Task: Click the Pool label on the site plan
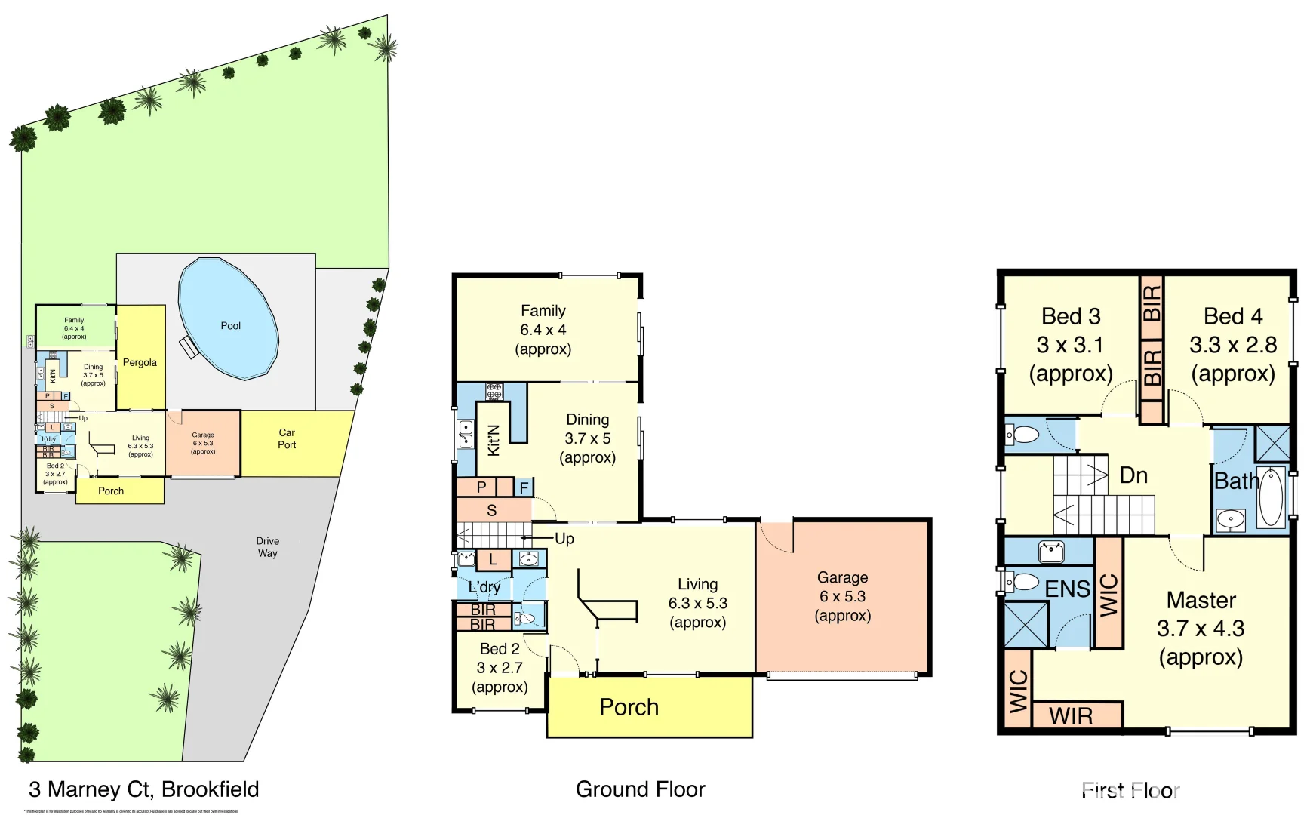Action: [230, 326]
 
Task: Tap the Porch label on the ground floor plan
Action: [629, 707]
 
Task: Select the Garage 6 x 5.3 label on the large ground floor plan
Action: [842, 596]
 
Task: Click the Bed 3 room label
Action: [1071, 345]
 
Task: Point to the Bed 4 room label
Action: [1232, 345]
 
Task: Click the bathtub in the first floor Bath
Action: [1271, 497]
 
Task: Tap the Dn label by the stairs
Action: [1133, 475]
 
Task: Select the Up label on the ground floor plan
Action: [564, 539]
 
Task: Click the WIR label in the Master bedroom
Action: [1071, 716]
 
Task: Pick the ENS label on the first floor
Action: [1067, 589]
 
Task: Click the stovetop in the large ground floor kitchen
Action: [494, 391]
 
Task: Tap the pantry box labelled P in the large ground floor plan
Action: [481, 487]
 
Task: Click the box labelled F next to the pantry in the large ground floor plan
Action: [524, 488]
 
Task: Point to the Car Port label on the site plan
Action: [287, 438]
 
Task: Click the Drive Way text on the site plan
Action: [267, 547]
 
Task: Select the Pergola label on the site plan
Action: [140, 362]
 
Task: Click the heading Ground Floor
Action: [640, 789]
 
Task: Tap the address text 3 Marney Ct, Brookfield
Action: [143, 789]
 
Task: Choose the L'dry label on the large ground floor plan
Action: [484, 587]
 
